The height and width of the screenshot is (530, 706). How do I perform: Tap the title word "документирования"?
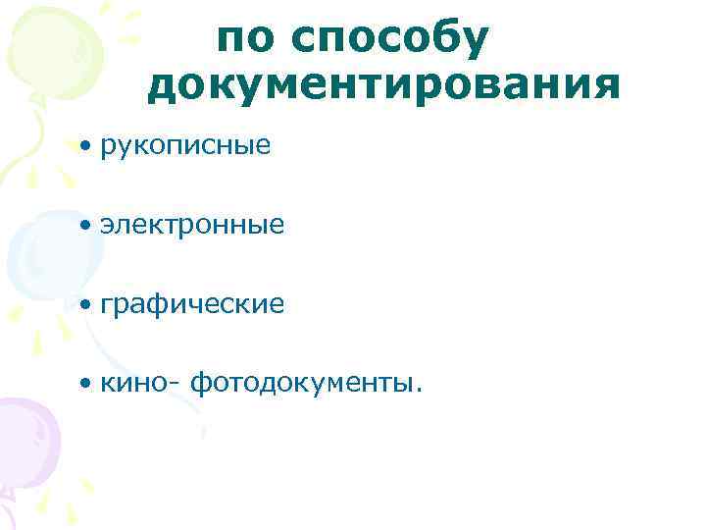point(383,86)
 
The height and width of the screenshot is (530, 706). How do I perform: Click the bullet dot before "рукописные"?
point(87,147)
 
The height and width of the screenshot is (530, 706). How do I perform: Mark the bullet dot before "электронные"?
point(87,226)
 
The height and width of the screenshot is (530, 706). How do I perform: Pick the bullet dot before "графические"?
point(87,305)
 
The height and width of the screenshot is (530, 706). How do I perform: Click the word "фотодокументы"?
point(301,384)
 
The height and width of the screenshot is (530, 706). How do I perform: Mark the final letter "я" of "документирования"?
point(607,86)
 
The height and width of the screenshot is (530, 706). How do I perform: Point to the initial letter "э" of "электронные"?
point(105,227)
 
